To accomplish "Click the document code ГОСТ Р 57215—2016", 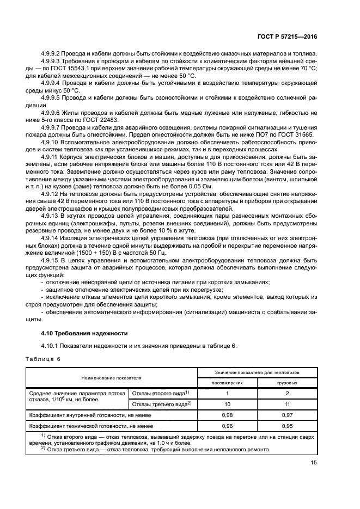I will pos(288,37).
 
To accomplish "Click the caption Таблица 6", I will pos(44,359).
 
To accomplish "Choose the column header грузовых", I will pos(287,383).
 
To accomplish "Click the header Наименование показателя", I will pos(111,377).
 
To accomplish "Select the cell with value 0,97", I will pos(287,415).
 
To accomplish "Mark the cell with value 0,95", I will pos(287,426).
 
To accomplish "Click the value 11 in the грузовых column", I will pos(287,404).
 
